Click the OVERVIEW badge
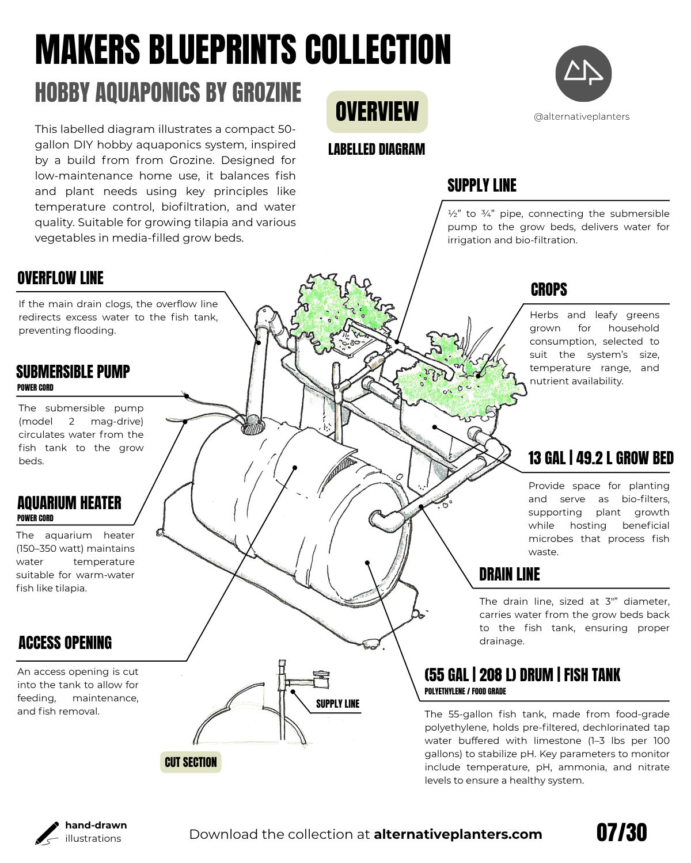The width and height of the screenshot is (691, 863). tap(377, 112)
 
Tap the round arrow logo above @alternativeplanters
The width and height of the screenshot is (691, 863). tap(583, 74)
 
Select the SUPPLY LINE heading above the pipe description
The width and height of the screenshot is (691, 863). tap(482, 185)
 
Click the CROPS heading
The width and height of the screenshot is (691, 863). tap(549, 289)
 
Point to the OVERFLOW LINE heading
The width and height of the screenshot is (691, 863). tap(60, 278)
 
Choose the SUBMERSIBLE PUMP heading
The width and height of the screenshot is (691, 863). tap(73, 372)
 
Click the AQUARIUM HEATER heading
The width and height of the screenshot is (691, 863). tap(69, 503)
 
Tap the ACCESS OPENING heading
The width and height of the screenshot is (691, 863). tap(65, 643)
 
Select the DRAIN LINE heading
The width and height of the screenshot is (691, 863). tap(510, 574)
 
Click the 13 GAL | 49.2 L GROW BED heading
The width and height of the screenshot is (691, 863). tap(601, 458)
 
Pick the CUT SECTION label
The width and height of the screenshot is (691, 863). tap(191, 762)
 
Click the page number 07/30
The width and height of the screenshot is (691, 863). tap(621, 833)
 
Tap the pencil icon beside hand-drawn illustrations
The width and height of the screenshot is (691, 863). tap(47, 833)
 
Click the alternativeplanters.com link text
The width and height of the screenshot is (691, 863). tap(458, 834)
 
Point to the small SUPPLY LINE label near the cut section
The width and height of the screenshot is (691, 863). tap(337, 704)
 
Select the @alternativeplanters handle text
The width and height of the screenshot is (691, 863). tap(582, 116)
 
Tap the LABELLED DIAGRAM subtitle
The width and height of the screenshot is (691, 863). tap(377, 150)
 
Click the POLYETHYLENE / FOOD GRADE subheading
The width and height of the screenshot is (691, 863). tap(465, 691)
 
